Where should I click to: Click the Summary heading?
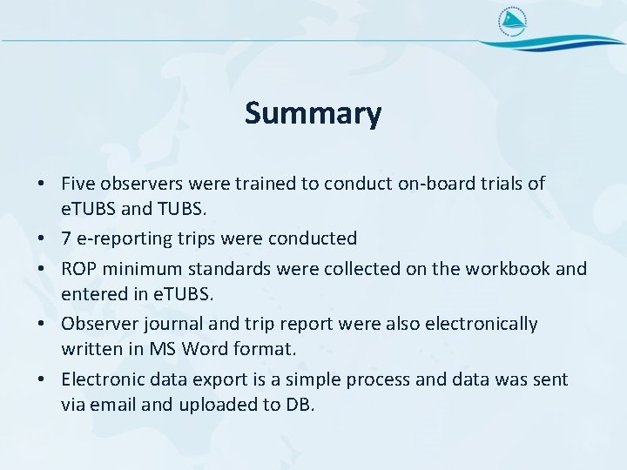pos(313,113)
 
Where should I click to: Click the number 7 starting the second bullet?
pos(66,238)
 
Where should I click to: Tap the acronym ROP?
pos(80,269)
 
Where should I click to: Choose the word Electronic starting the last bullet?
pos(101,379)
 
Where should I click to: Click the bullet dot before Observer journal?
pos(42,325)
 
